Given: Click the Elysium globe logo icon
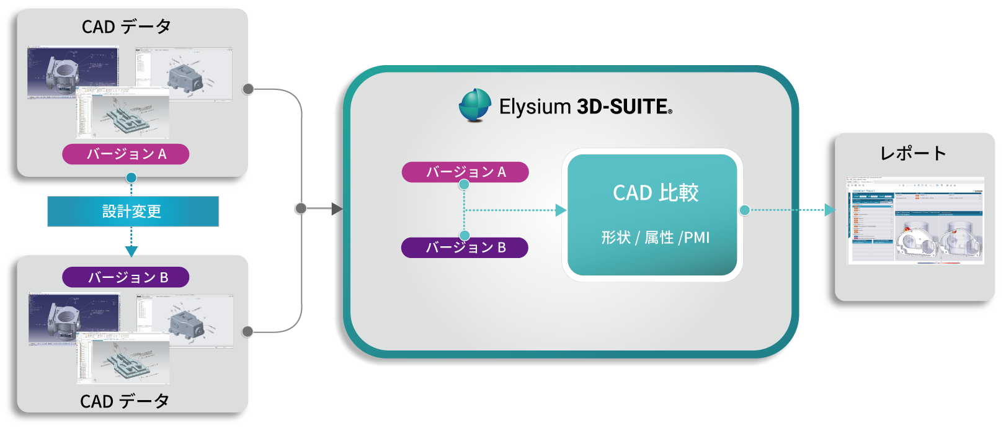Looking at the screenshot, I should pyautogui.click(x=475, y=105).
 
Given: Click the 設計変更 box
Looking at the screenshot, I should pyautogui.click(x=133, y=212).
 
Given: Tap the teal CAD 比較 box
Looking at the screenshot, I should pyautogui.click(x=652, y=215).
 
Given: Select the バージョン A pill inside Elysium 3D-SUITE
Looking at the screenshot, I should pyautogui.click(x=465, y=172).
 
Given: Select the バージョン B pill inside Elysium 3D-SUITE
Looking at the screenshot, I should pyautogui.click(x=465, y=247).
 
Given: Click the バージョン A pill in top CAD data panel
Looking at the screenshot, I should pyautogui.click(x=125, y=154).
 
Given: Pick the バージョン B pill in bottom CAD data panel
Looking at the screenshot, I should pyautogui.click(x=125, y=277).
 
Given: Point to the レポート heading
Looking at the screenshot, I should pyautogui.click(x=912, y=153).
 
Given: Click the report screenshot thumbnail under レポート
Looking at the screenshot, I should pyautogui.click(x=915, y=220).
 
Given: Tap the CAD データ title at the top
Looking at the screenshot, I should pyautogui.click(x=126, y=27).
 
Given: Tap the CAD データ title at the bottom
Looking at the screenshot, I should pyautogui.click(x=125, y=401).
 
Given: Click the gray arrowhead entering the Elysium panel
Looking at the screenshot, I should pyautogui.click(x=337, y=209).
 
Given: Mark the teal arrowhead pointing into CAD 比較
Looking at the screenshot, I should pyautogui.click(x=561, y=210).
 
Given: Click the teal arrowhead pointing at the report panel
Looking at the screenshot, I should pyautogui.click(x=829, y=210).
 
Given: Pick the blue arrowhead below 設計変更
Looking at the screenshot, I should pyautogui.click(x=131, y=251).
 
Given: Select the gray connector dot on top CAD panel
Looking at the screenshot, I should pyautogui.click(x=248, y=89).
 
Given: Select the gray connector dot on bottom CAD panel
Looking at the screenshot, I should pyautogui.click(x=248, y=331).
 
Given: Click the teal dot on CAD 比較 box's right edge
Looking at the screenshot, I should pyautogui.click(x=744, y=210).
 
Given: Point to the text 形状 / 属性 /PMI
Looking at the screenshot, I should pyautogui.click(x=655, y=238).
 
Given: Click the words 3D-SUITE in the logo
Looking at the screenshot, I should pyautogui.click(x=623, y=107).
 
